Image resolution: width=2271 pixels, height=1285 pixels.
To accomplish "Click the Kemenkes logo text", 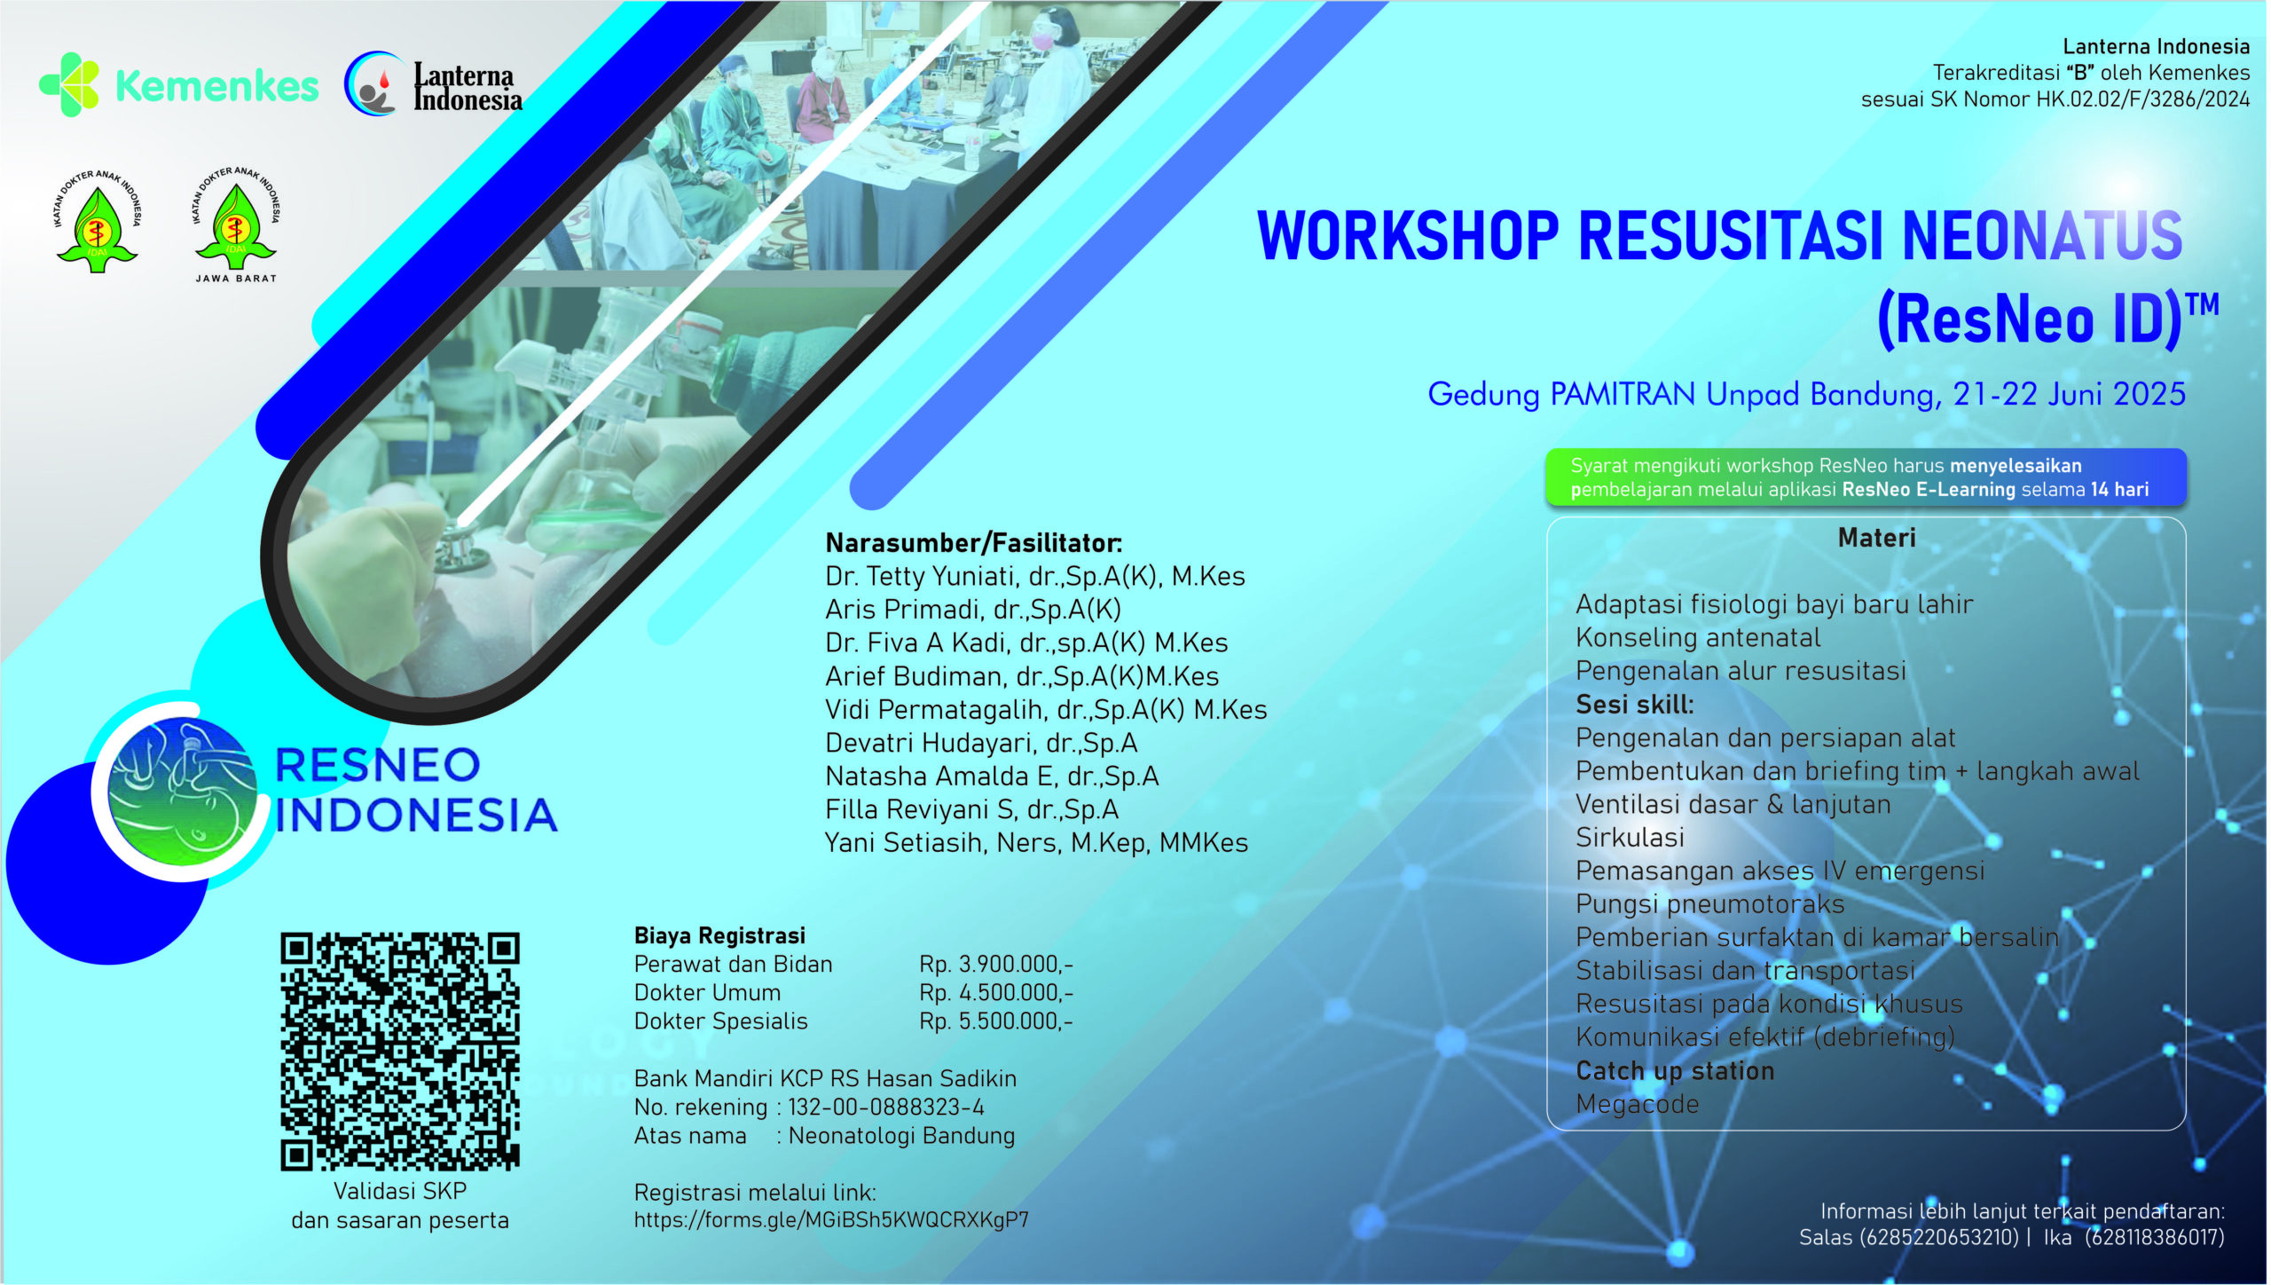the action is [x=217, y=86].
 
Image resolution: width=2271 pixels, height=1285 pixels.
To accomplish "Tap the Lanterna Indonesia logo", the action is [x=433, y=85].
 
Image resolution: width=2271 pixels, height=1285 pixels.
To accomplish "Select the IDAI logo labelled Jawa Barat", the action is [x=235, y=225].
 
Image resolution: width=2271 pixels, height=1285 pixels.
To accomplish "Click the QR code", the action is [x=400, y=1051].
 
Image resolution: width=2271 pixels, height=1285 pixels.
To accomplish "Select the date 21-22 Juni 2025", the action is [x=2069, y=394].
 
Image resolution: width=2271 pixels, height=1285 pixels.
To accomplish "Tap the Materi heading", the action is [x=1877, y=537].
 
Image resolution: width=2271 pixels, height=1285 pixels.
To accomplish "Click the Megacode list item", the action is [x=1638, y=1104].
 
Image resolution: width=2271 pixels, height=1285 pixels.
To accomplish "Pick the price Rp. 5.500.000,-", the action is [x=996, y=1021].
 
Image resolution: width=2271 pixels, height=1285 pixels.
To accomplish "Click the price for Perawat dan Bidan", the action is [x=996, y=964].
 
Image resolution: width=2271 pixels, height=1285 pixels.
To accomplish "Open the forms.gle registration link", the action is [x=831, y=1220].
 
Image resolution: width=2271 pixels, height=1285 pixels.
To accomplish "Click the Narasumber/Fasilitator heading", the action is [x=974, y=542].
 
